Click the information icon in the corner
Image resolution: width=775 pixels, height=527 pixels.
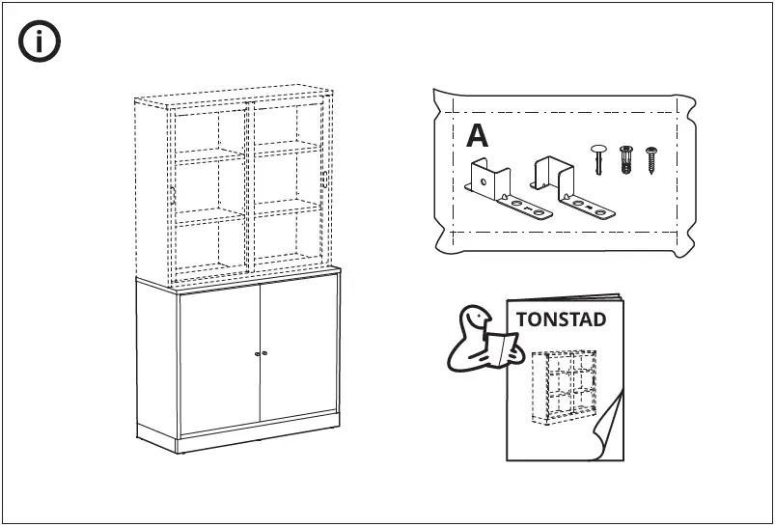click(40, 42)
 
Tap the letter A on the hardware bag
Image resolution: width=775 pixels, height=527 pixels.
click(477, 136)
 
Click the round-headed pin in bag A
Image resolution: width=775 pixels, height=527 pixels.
click(598, 157)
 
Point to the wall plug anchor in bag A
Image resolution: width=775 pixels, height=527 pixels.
click(625, 159)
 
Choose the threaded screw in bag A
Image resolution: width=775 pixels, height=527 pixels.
click(651, 159)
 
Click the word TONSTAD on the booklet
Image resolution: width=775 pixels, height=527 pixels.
click(561, 319)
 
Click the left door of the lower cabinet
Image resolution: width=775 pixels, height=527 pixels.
click(219, 357)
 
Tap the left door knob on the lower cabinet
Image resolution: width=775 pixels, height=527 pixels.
click(257, 353)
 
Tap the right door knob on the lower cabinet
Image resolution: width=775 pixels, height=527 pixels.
click(264, 352)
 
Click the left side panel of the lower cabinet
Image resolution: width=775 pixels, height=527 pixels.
click(156, 362)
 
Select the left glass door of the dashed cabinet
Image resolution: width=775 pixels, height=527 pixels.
click(211, 188)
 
